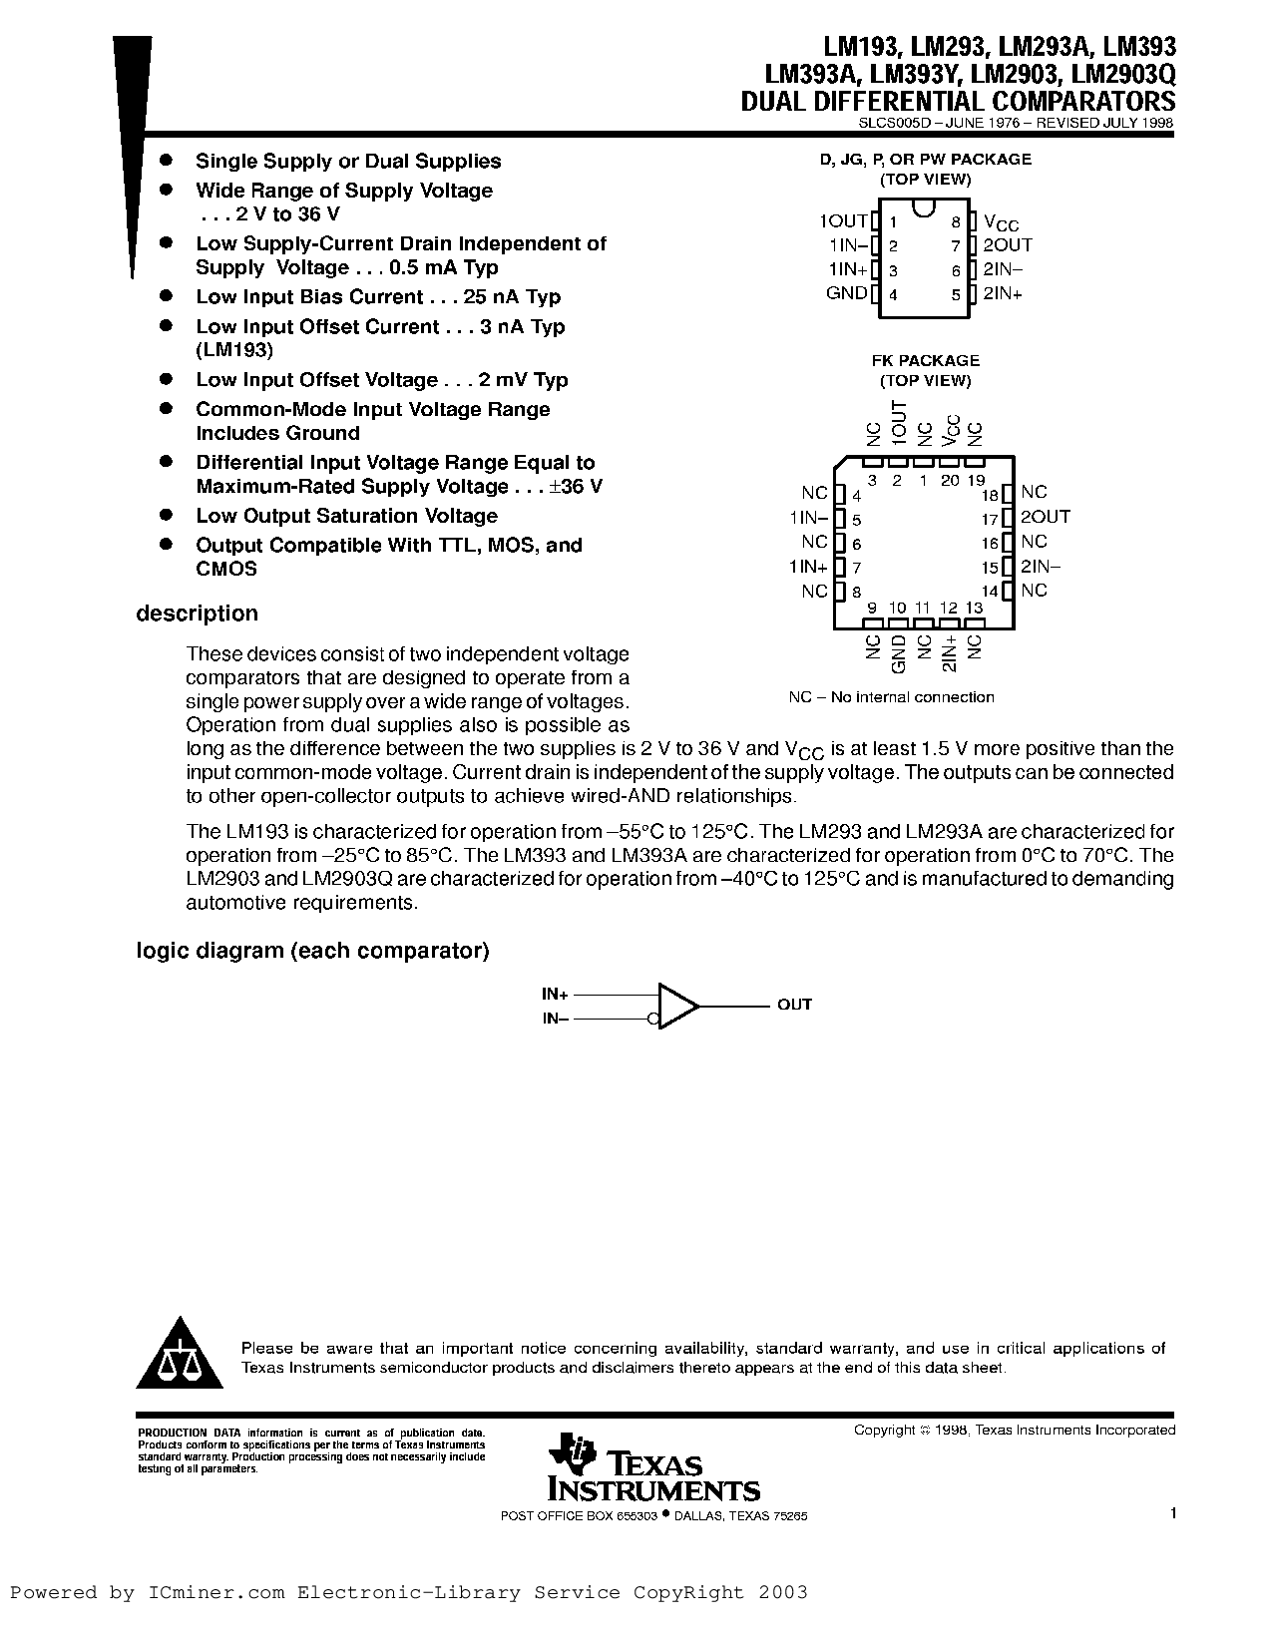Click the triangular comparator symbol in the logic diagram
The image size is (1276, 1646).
pyautogui.click(x=677, y=1006)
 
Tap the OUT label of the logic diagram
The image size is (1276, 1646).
pyautogui.click(x=794, y=1005)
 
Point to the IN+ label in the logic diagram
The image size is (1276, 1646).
pyautogui.click(x=555, y=994)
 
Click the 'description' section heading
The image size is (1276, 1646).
pyautogui.click(x=197, y=614)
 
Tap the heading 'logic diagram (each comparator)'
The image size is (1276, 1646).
pyautogui.click(x=312, y=951)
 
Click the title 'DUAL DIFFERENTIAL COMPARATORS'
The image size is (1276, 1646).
pyautogui.click(x=958, y=101)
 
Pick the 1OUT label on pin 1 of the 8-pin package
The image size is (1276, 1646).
pyautogui.click(x=843, y=221)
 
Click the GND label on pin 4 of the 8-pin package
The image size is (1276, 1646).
pyautogui.click(x=846, y=293)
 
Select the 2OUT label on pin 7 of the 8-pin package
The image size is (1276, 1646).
pyautogui.click(x=1008, y=244)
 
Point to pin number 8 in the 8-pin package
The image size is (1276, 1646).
pyautogui.click(x=956, y=222)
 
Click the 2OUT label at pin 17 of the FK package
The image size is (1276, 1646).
pyautogui.click(x=1045, y=517)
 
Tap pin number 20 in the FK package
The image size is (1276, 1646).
pyautogui.click(x=950, y=480)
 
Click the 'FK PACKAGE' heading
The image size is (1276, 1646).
pyautogui.click(x=925, y=360)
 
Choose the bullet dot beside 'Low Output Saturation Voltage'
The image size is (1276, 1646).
pyautogui.click(x=168, y=515)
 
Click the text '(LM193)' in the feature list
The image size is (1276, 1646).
pyautogui.click(x=234, y=350)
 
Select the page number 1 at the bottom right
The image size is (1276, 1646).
pyautogui.click(x=1173, y=1513)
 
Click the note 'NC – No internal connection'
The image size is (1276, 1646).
pyautogui.click(x=891, y=697)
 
